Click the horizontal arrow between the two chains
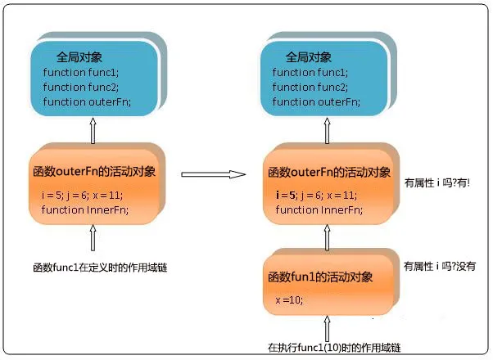pos(213,174)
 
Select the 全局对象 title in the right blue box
pos(309,56)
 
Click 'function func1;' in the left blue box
pos(80,72)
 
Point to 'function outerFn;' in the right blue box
pos(316,101)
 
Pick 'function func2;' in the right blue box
pos(311,87)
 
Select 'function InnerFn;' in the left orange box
pos(84,210)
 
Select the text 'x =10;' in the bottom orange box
pos(289,300)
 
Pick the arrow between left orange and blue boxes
pos(93,128)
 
